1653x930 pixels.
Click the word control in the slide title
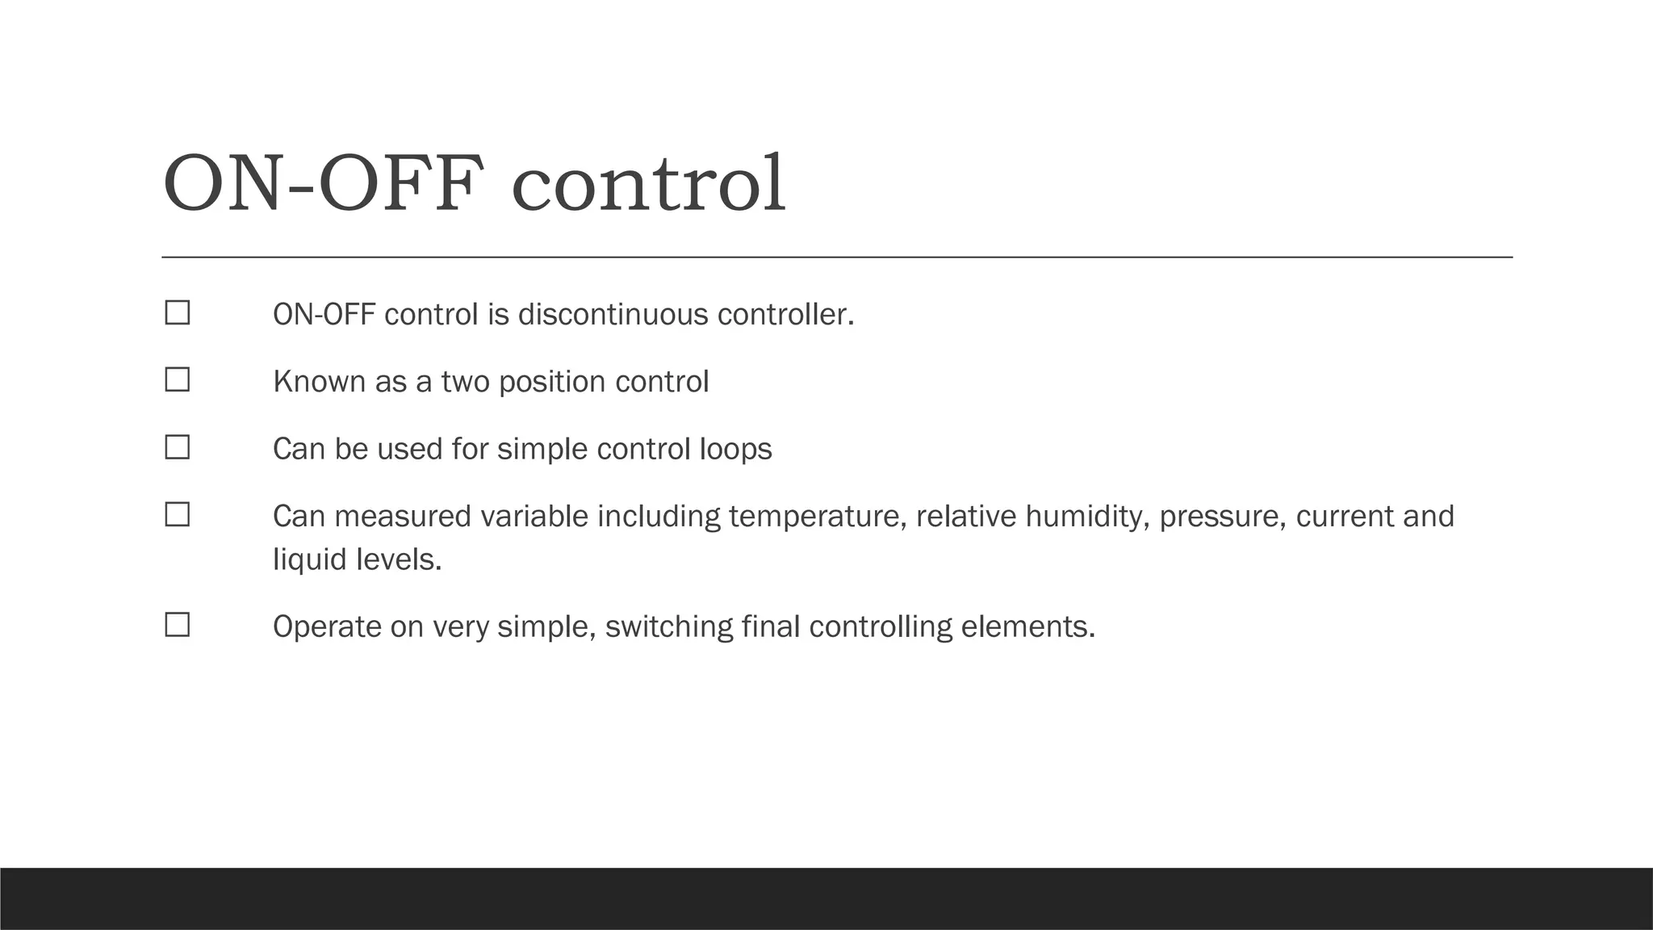click(x=649, y=184)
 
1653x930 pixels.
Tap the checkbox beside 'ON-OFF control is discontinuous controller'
click(x=178, y=313)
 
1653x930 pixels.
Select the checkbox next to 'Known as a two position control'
click(x=178, y=380)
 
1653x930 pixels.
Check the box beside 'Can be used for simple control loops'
click(x=178, y=447)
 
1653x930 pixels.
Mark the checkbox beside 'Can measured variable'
click(x=178, y=514)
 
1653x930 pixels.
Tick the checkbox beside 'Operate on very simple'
click(x=178, y=625)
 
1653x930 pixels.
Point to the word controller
click(x=785, y=314)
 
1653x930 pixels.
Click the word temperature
click(x=817, y=516)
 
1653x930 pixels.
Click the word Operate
click(x=327, y=626)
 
